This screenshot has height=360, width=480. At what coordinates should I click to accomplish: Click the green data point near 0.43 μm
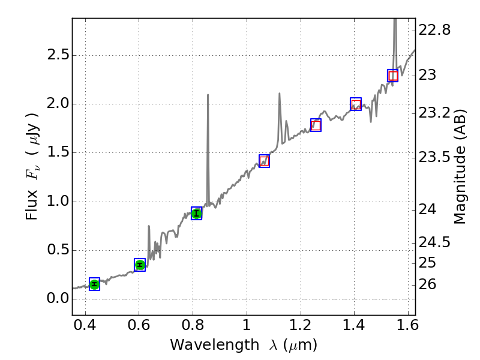tap(94, 284)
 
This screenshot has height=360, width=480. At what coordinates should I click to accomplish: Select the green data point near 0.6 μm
tap(140, 265)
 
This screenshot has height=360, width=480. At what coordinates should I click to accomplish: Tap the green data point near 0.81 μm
tap(196, 213)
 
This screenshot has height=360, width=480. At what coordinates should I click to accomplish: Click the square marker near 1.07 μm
tap(264, 161)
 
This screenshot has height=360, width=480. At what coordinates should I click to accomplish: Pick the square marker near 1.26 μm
tap(316, 125)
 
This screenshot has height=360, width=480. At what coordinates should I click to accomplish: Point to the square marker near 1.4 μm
tap(356, 104)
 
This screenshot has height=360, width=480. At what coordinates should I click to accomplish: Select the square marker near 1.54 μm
tap(392, 76)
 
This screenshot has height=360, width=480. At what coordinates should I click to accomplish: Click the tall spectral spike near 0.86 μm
tap(208, 95)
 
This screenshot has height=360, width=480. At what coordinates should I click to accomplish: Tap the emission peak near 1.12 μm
tap(279, 94)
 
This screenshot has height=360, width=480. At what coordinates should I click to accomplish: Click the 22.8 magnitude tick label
tap(435, 29)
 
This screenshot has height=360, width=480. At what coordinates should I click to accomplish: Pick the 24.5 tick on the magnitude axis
tap(435, 242)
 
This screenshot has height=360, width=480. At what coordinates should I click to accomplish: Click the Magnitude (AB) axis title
tap(460, 166)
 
